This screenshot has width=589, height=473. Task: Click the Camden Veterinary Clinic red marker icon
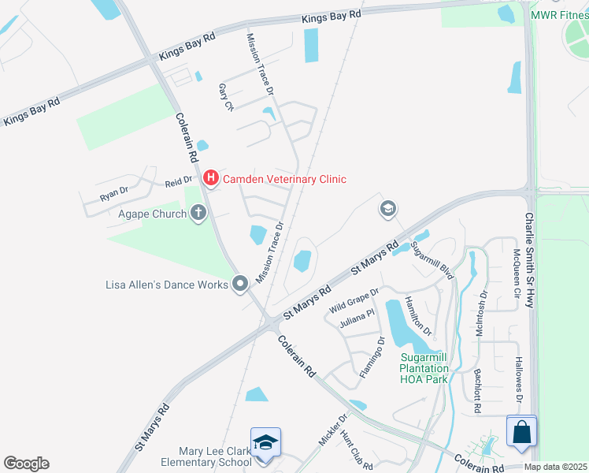(210, 179)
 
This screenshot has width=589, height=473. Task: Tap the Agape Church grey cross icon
(198, 213)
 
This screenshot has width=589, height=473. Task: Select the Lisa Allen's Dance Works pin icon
(241, 284)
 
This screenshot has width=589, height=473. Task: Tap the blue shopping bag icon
(521, 432)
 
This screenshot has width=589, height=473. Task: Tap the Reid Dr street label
(178, 183)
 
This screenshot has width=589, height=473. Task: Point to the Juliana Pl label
(357, 319)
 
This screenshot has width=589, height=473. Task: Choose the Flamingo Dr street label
(372, 358)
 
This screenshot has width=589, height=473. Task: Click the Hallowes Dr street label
(518, 382)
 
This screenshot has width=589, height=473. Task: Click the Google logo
(26, 464)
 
